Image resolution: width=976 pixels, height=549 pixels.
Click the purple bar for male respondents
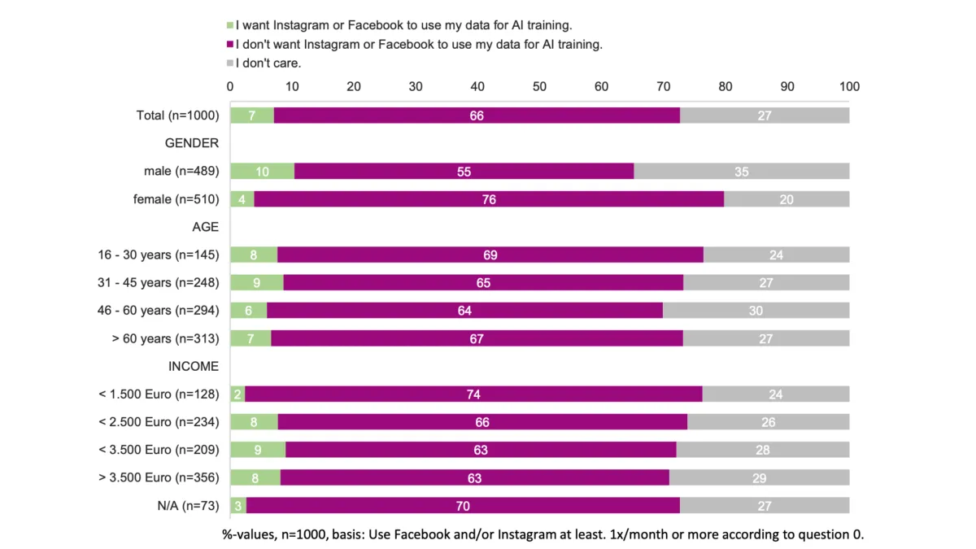click(x=464, y=171)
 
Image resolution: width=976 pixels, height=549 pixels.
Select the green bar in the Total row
click(x=252, y=115)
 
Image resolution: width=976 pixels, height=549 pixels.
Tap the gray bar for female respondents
click(x=786, y=199)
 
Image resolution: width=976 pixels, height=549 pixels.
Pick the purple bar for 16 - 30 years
click(x=490, y=255)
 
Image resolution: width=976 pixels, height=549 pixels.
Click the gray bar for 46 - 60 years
click(x=756, y=311)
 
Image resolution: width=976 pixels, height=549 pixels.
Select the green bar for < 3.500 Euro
click(x=258, y=450)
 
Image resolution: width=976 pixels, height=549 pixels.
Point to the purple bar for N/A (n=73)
click(x=463, y=506)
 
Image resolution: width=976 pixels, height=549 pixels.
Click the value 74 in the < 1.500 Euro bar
click(x=473, y=394)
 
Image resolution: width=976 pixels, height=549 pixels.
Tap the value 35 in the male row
click(x=741, y=172)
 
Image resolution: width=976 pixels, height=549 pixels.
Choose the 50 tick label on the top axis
click(x=539, y=86)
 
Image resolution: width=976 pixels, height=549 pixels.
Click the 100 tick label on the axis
click(x=849, y=86)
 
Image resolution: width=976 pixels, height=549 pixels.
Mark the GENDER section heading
click(x=192, y=143)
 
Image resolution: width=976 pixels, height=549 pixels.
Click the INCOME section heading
click(x=194, y=366)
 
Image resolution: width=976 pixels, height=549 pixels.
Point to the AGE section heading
click(x=205, y=227)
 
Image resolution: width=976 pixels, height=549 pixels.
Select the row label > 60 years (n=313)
click(x=166, y=338)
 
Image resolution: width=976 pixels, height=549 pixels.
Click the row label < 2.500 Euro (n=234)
click(x=159, y=422)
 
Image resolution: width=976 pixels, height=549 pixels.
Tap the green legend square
click(x=230, y=25)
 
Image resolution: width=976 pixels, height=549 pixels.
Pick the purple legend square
click(x=230, y=44)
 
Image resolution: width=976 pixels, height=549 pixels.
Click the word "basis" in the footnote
click(x=346, y=534)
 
